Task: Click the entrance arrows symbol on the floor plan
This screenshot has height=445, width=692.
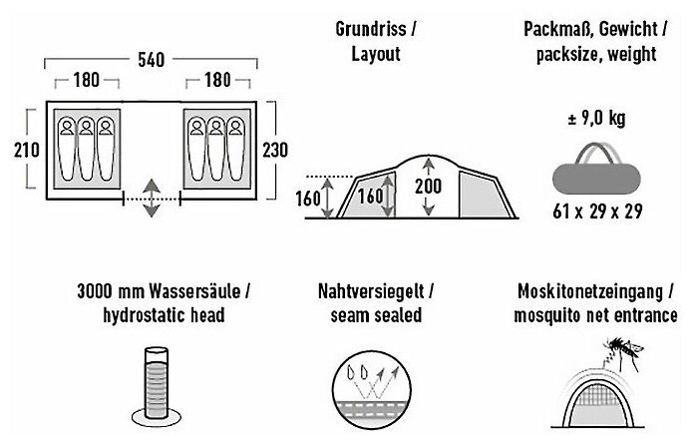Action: tap(151, 197)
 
